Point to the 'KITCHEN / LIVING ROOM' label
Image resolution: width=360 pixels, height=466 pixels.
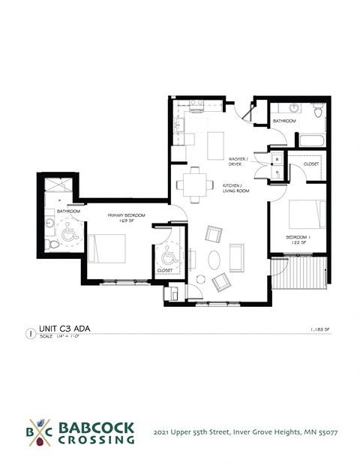click(235, 188)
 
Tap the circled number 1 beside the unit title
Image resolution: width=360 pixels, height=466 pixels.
click(29, 331)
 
